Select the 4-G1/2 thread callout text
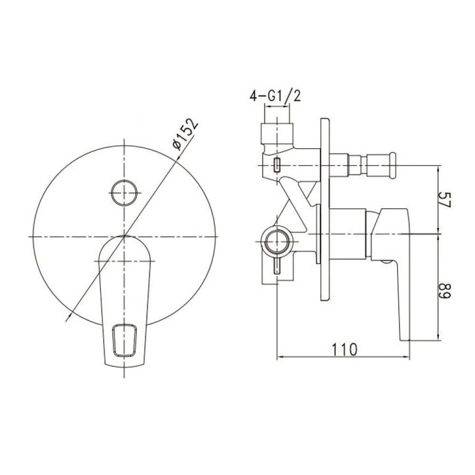tap(275, 96)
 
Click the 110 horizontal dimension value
tap(345, 350)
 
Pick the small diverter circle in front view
tap(124, 193)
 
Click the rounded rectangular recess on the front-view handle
tap(124, 340)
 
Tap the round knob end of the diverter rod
tap(393, 165)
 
